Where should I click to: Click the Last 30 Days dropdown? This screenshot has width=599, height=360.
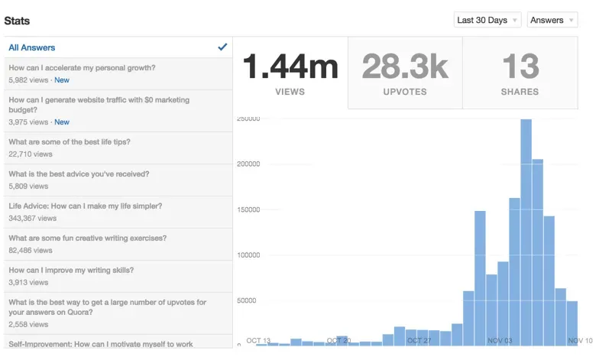487,21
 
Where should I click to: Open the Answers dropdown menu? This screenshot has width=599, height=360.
552,21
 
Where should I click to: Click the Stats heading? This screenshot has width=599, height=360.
17,21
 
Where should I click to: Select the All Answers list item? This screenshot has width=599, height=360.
32,47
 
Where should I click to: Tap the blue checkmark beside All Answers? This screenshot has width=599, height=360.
222,47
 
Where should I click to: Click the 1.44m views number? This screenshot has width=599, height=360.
290,66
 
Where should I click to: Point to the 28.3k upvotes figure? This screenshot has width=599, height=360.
405,66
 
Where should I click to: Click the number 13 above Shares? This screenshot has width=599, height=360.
520,66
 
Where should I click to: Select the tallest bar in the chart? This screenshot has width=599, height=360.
526,229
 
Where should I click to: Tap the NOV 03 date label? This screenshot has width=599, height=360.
500,340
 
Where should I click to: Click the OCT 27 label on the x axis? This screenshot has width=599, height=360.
419,340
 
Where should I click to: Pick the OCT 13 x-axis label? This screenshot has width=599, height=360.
258,340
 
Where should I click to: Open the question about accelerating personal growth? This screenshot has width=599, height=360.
82,68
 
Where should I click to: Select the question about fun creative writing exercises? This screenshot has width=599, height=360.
87,238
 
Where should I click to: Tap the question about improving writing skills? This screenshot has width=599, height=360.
71,271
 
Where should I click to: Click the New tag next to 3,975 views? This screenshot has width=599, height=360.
62,122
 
